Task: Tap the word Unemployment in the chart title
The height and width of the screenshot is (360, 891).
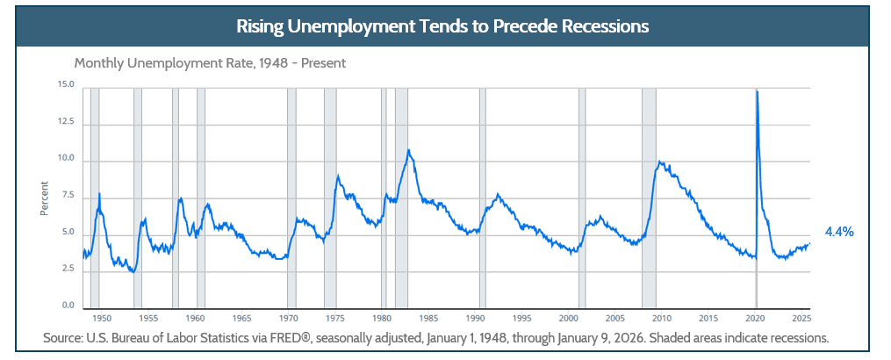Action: click(x=356, y=26)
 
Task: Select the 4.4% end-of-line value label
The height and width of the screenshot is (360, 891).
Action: click(x=839, y=232)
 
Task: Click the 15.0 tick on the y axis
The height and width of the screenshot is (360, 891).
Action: click(x=65, y=85)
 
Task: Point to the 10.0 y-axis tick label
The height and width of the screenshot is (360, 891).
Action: click(x=65, y=160)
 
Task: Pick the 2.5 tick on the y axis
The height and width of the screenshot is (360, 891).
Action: click(x=67, y=269)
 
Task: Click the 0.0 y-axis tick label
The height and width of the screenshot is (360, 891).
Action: click(x=67, y=306)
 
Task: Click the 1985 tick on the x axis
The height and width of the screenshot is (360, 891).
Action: click(x=428, y=318)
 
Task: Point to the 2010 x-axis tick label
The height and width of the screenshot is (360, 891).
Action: click(x=661, y=318)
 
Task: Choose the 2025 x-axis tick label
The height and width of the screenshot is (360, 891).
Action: click(x=801, y=318)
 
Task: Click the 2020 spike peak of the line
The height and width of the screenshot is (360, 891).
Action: click(x=757, y=90)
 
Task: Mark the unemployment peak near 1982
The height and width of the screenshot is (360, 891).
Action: click(x=408, y=150)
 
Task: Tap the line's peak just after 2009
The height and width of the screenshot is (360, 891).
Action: click(x=659, y=162)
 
